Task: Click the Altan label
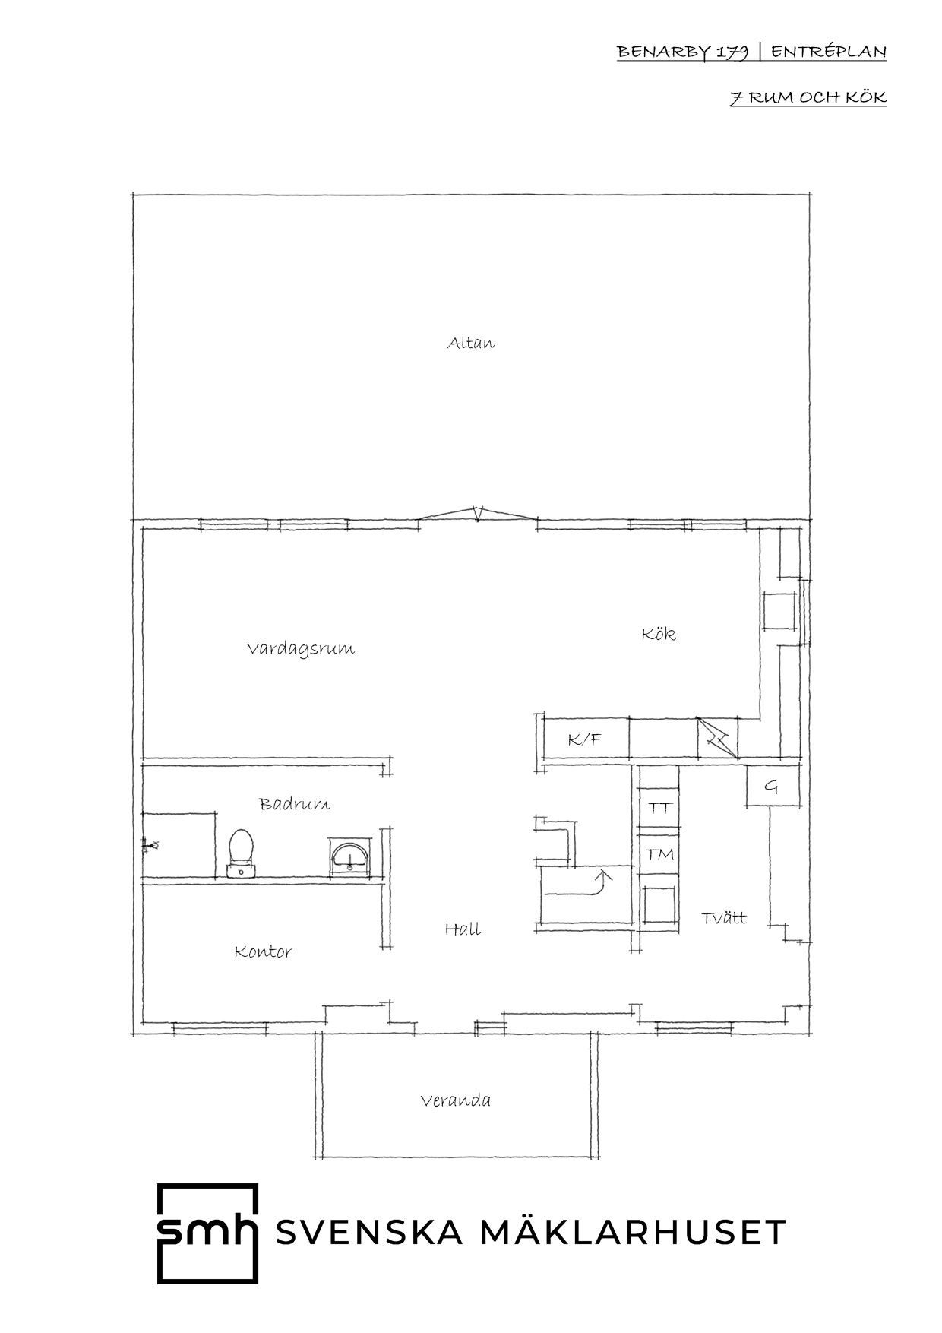470,343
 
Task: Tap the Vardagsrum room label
301,649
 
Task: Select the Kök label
659,633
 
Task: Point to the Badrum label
295,804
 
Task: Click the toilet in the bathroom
241,853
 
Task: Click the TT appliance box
659,808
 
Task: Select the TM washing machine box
659,854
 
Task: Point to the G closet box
772,787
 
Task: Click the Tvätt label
724,918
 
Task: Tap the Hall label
463,929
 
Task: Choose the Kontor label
263,951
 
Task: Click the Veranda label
455,1100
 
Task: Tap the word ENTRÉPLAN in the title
829,52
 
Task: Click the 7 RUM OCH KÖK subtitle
808,98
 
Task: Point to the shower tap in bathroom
150,844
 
